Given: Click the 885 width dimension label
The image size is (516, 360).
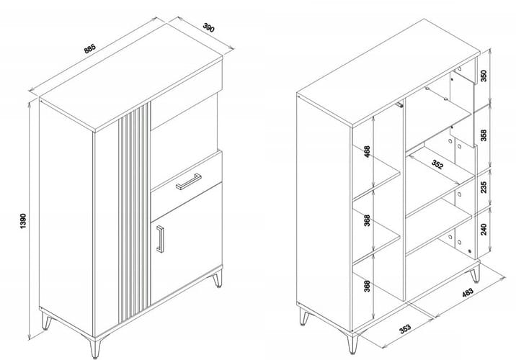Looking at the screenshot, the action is tap(89, 49).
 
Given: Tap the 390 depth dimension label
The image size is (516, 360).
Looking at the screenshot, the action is tap(209, 27).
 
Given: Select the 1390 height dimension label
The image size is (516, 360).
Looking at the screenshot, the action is tap(23, 221).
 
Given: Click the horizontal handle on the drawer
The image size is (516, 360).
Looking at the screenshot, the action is tap(189, 181).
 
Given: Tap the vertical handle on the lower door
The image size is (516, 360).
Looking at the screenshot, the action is tap(160, 239).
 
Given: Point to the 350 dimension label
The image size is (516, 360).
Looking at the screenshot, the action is tap(484, 76).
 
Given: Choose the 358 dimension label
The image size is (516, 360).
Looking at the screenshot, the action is tap(484, 135).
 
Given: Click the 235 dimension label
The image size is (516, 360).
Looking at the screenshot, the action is tap(484, 187).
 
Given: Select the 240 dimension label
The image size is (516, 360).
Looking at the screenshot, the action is tap(484, 229).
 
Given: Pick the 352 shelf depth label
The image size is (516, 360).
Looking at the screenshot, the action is tap(437, 164).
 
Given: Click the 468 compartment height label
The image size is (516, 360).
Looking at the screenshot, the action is tap(368, 152).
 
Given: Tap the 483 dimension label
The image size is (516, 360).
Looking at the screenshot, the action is tap(467, 292).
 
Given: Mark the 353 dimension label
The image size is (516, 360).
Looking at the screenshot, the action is tap(405, 328).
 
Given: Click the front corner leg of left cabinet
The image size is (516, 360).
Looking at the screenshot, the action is tap(95, 347).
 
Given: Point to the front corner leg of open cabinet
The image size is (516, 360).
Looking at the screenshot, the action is tap(352, 343).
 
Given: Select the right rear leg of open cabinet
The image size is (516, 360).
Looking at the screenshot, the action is tap(475, 274).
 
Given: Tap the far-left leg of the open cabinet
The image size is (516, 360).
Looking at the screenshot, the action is tap(304, 316).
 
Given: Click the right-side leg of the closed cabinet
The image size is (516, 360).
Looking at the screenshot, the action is tap(217, 279).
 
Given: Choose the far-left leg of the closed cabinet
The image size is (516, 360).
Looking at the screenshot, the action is tap(46, 321).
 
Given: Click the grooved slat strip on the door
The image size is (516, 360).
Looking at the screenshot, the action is tap(134, 212).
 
